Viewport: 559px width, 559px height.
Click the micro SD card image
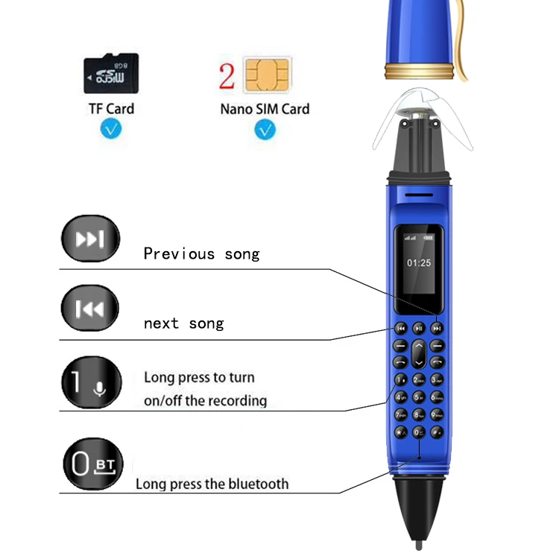[111, 73]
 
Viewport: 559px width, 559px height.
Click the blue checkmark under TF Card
[111, 130]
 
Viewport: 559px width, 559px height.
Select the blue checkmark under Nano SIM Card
[265, 130]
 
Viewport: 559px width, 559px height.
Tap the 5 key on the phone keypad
[419, 397]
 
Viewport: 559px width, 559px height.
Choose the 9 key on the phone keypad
[436, 414]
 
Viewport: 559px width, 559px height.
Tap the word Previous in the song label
[178, 254]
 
